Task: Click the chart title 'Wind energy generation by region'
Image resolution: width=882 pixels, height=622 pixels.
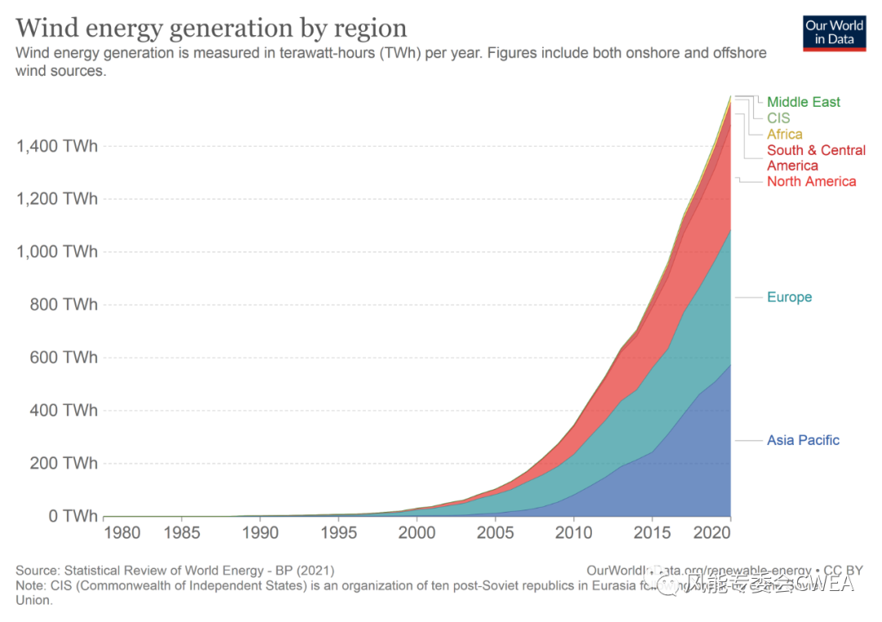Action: [211, 28]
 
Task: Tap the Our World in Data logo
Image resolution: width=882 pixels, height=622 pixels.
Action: [834, 33]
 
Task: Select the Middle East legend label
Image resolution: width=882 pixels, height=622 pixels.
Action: [803, 102]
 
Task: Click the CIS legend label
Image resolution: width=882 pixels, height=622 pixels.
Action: [778, 118]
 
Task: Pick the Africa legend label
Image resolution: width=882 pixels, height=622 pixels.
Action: [784, 135]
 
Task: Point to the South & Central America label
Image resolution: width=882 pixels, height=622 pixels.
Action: [816, 158]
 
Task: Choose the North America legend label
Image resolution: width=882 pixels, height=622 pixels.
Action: [811, 181]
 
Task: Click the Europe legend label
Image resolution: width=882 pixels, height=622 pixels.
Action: [789, 297]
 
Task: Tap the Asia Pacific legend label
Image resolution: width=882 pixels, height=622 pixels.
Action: [803, 441]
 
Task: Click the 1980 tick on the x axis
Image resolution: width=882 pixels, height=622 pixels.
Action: [122, 534]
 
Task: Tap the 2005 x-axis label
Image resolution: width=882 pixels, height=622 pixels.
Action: [496, 534]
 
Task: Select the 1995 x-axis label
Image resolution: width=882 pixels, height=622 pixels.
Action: [338, 534]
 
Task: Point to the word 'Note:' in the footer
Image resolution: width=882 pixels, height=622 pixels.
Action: [32, 585]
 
